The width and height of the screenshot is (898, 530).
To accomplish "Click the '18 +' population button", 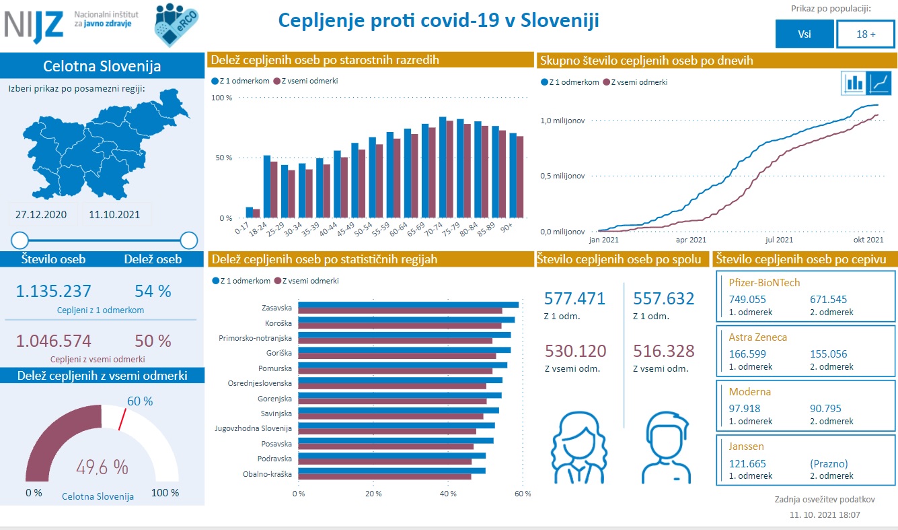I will click(866, 34).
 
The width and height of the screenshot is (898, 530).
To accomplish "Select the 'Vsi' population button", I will click(804, 34).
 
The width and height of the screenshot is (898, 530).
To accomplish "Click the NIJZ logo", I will click(34, 24).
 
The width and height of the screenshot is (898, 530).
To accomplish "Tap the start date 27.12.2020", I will click(40, 215).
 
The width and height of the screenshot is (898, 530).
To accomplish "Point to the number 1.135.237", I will click(53, 291).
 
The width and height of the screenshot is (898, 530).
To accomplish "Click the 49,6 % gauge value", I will click(102, 467).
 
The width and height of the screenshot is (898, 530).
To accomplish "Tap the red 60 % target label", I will click(140, 401).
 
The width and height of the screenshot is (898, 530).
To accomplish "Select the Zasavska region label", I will click(276, 308).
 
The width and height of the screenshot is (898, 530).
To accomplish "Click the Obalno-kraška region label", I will click(267, 473).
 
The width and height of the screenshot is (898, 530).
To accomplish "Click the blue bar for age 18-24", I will click(267, 187).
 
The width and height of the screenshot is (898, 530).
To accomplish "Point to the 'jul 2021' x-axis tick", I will click(779, 239).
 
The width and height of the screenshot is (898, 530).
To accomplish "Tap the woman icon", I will click(580, 444).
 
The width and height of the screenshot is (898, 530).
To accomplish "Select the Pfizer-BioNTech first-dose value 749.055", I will click(747, 300).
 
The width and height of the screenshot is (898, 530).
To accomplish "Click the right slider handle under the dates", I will click(189, 240).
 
